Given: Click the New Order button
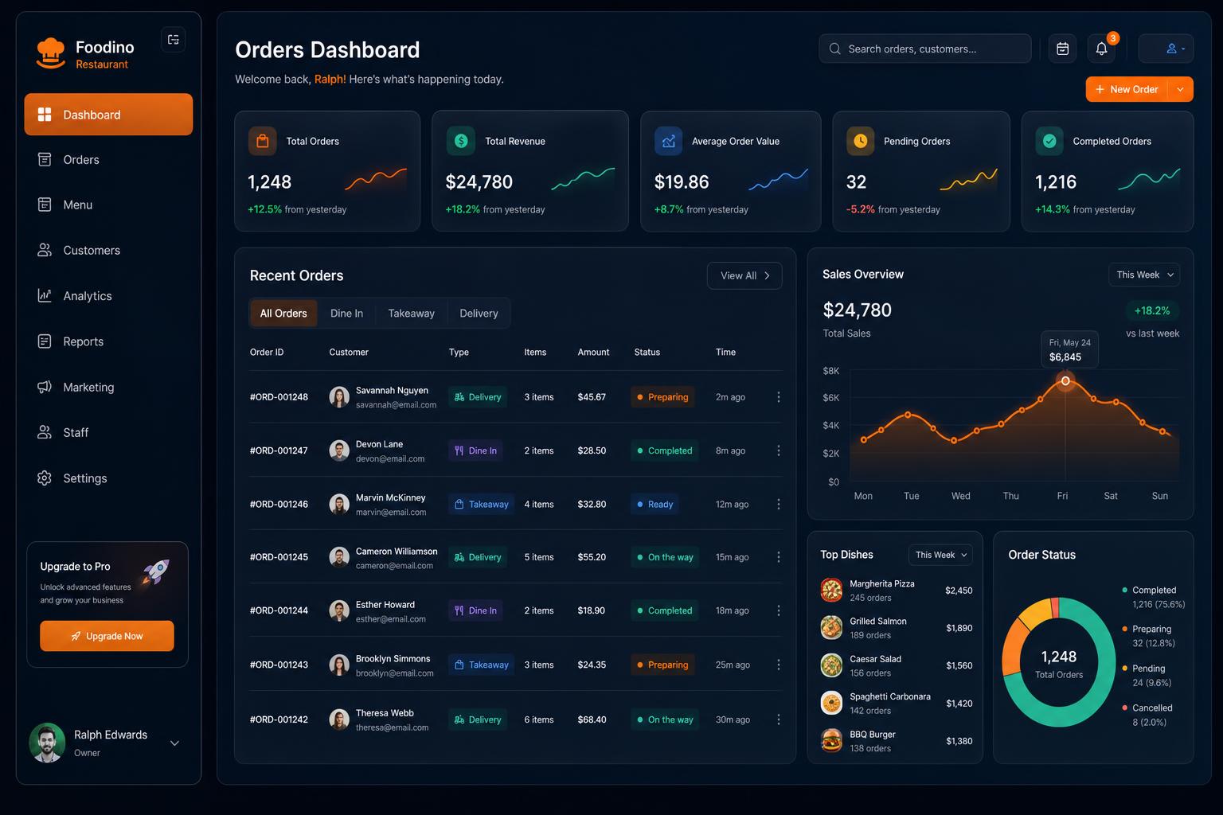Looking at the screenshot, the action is click(x=1127, y=89).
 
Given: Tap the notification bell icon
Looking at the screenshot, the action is click(x=1101, y=49).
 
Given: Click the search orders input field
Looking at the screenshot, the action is click(x=925, y=49).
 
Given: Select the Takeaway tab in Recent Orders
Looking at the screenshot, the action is click(x=411, y=314).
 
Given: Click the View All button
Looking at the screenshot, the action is click(x=744, y=275).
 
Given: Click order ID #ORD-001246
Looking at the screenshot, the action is click(x=279, y=504).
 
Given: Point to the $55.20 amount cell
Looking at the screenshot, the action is click(x=592, y=557).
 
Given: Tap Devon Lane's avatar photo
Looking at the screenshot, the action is click(x=339, y=450).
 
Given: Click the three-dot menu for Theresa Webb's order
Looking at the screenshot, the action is click(x=779, y=719).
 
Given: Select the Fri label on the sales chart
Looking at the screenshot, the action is click(x=1062, y=496).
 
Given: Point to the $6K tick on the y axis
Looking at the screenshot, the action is click(x=830, y=397).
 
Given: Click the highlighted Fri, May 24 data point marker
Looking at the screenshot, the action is click(x=1065, y=381).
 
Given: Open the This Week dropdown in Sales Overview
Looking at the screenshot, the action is click(x=1144, y=275).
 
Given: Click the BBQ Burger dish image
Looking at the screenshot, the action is click(x=831, y=741).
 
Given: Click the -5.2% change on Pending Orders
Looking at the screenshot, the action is click(x=860, y=209).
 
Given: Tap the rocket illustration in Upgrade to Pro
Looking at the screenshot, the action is click(x=156, y=571).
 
